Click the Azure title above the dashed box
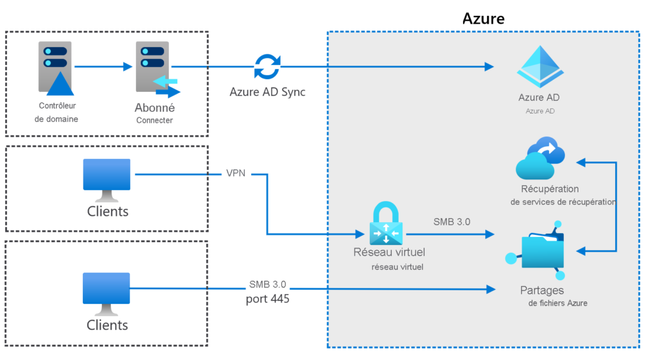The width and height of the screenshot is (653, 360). [x=483, y=19]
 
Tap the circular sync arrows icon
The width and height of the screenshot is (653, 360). [x=267, y=66]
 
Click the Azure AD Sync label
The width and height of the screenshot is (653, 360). [x=267, y=92]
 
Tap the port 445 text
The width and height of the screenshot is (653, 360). [x=267, y=298]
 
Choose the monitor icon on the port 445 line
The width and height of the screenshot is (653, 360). [x=107, y=293]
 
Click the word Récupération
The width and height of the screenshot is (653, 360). [x=550, y=189]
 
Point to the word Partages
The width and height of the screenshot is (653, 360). [x=541, y=290]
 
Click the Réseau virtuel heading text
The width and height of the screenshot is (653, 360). [x=389, y=252]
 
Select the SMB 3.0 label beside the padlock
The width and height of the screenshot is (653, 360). [x=451, y=222]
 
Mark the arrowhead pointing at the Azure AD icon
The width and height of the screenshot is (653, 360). [x=489, y=66]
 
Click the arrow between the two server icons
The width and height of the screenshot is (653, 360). [x=102, y=66]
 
